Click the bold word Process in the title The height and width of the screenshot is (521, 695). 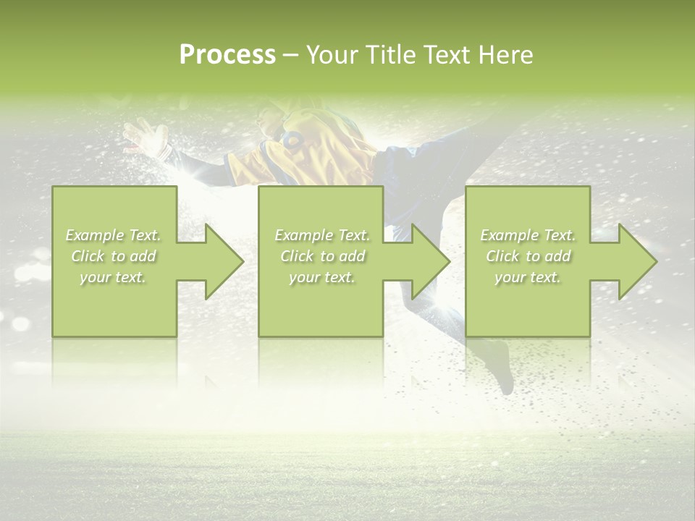pyautogui.click(x=227, y=55)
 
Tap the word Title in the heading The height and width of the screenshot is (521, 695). pyautogui.click(x=391, y=55)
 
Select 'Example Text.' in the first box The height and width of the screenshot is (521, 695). pyautogui.click(x=113, y=235)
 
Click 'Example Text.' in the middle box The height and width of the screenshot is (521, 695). pyautogui.click(x=322, y=235)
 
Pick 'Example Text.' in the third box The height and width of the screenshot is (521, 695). pyautogui.click(x=528, y=235)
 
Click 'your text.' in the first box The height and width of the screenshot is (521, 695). pyautogui.click(x=113, y=277)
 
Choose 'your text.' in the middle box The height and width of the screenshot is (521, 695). pyautogui.click(x=322, y=277)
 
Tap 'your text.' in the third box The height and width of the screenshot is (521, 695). pyautogui.click(x=528, y=277)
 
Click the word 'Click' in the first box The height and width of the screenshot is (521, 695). pyautogui.click(x=88, y=256)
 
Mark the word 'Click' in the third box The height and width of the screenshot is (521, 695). pyautogui.click(x=502, y=256)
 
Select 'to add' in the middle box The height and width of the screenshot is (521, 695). pyautogui.click(x=341, y=256)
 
